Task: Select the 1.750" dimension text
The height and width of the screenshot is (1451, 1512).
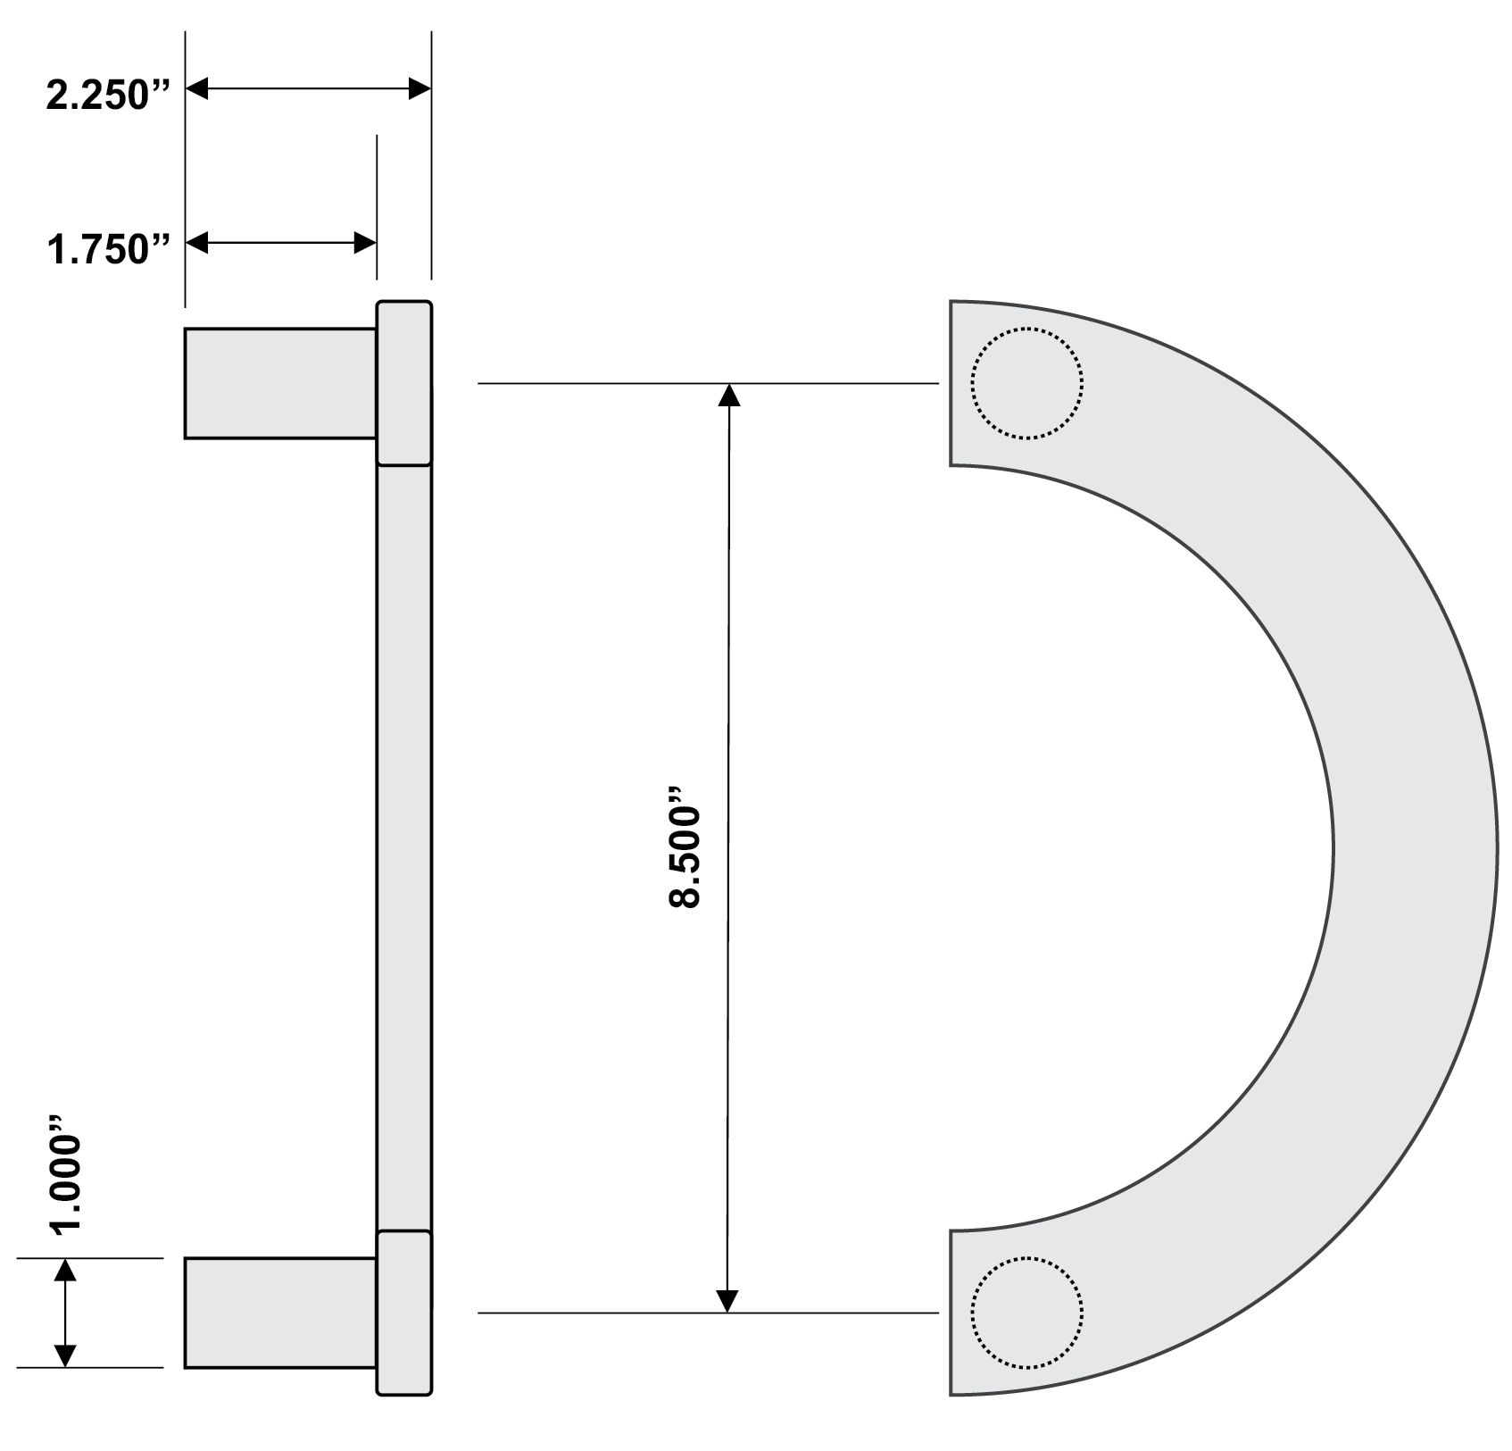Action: (108, 249)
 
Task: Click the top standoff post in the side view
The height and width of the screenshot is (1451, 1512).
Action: (280, 384)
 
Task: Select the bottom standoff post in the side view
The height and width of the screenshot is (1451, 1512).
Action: (280, 1313)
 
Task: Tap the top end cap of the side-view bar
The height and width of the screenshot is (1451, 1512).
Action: (404, 383)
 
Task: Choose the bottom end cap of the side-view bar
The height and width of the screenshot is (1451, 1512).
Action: (404, 1313)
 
